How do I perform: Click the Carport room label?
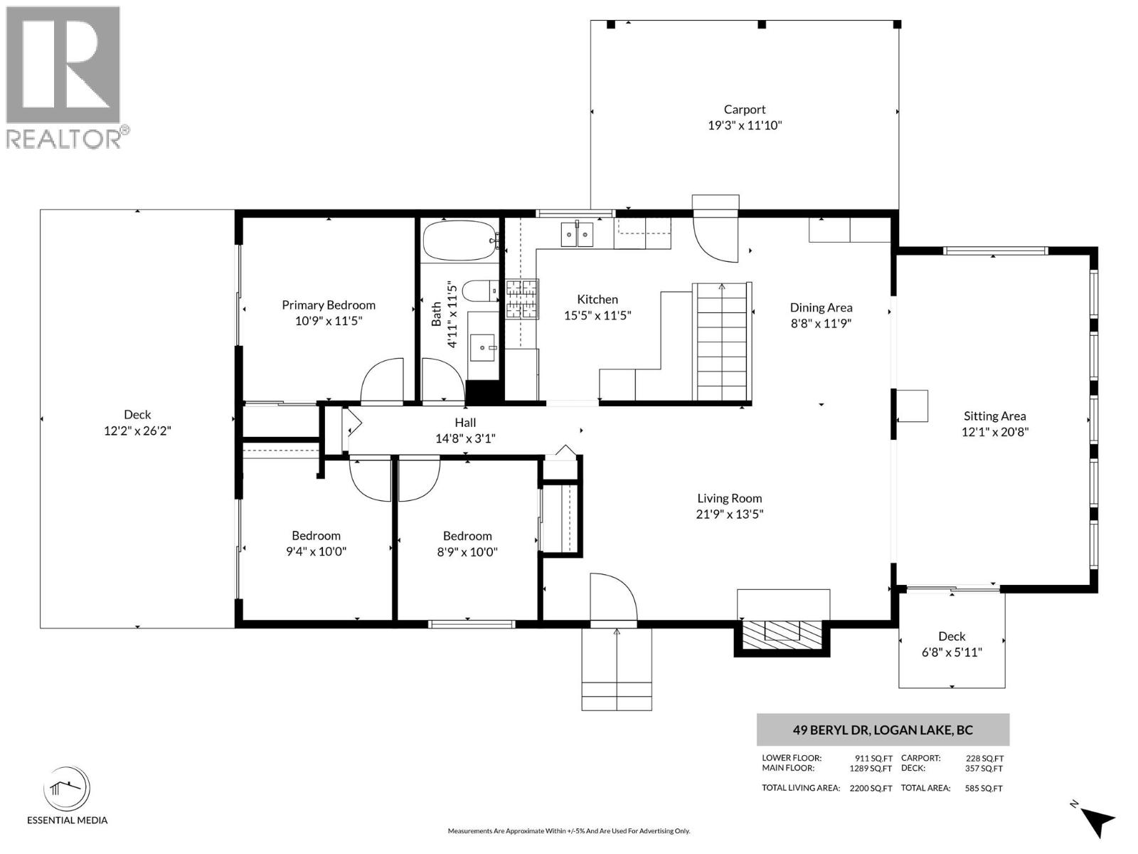tap(745, 110)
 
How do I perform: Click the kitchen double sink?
tap(577, 233)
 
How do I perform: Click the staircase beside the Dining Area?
tap(722, 342)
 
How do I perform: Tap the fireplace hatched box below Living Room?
tap(782, 632)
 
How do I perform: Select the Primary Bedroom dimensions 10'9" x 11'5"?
tap(329, 321)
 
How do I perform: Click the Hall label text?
tap(465, 423)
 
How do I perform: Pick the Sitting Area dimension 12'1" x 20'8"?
tap(994, 431)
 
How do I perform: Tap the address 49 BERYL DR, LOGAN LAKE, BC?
tap(883, 729)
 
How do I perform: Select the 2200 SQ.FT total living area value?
tap(871, 789)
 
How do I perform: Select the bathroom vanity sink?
tap(484, 348)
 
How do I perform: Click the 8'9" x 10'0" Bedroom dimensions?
tap(467, 552)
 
